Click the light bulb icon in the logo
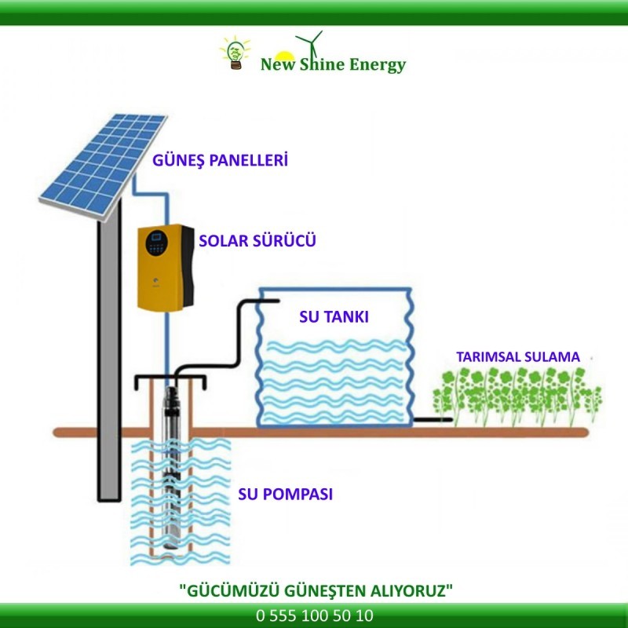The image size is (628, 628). pyautogui.click(x=234, y=53)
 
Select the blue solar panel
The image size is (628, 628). pyautogui.click(x=103, y=162)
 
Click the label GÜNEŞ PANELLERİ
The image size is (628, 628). pyautogui.click(x=220, y=161)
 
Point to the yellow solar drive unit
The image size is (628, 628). pyautogui.click(x=164, y=267)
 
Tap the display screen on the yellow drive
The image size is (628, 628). pyautogui.click(x=157, y=237)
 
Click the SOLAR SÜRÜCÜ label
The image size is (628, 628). pyautogui.click(x=257, y=240)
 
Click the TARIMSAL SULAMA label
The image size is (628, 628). pyautogui.click(x=518, y=356)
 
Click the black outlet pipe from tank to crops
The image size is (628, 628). pyautogui.click(x=433, y=420)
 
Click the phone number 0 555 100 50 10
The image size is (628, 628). pyautogui.click(x=314, y=616)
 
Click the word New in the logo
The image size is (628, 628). pyautogui.click(x=276, y=65)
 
